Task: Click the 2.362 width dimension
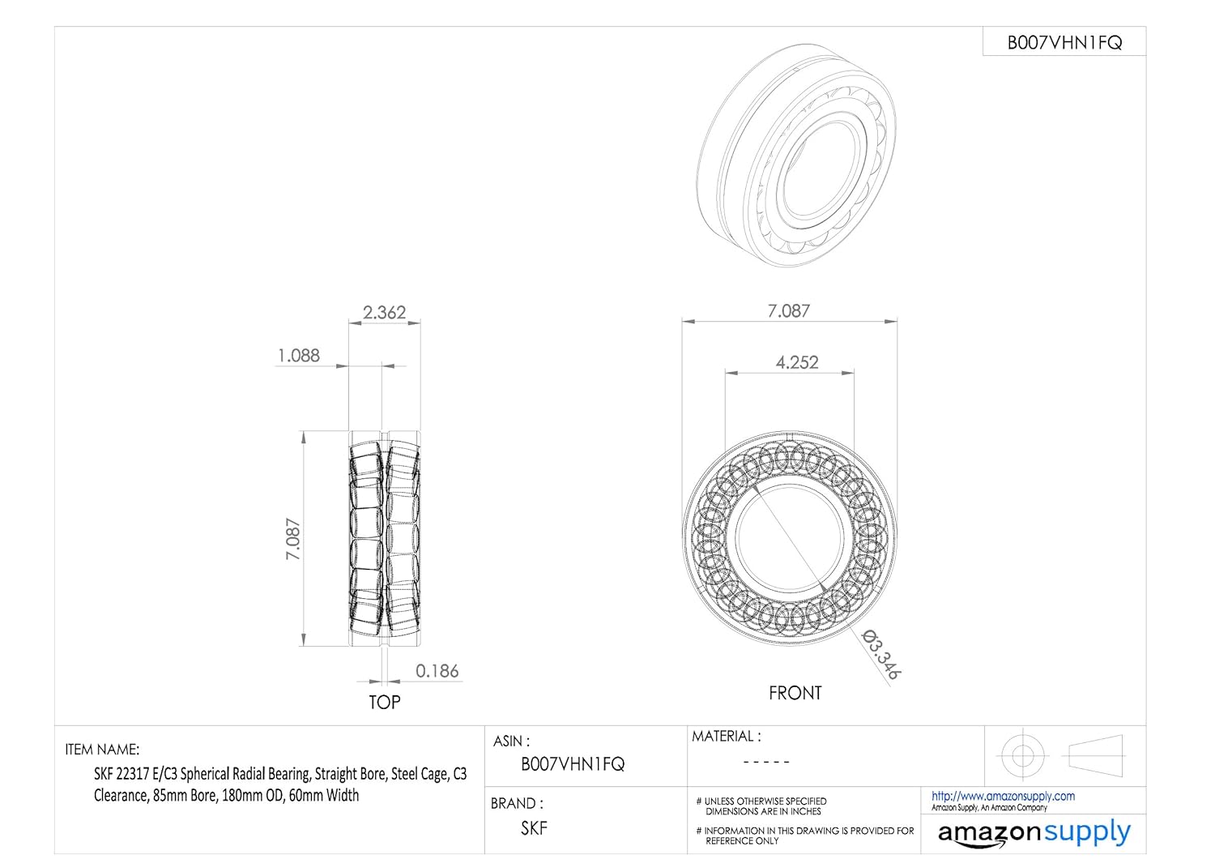click(384, 313)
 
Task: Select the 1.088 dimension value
click(298, 356)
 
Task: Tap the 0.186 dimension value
click(437, 671)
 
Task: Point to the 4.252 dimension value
click(797, 362)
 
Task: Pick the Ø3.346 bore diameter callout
click(881, 654)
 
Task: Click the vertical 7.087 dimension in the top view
click(293, 539)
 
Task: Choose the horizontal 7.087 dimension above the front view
click(789, 311)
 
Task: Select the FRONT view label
click(795, 693)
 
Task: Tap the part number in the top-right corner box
click(1064, 42)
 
